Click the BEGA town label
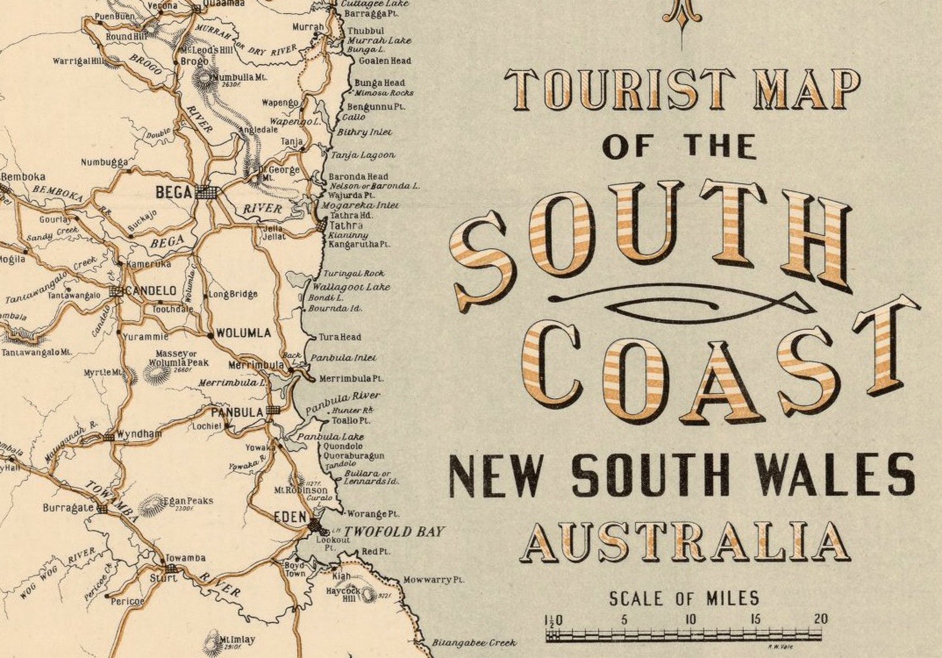point(174,192)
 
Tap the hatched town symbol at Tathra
point(321,225)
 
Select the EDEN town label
point(290,517)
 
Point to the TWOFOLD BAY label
point(394,532)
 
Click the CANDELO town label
point(151,291)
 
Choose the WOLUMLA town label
point(243,333)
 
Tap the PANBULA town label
point(237,412)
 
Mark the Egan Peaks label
point(192,501)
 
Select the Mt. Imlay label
point(237,640)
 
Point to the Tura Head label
point(340,337)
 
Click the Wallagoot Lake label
point(352,287)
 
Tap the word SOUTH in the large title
point(653,237)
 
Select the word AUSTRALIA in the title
point(685,542)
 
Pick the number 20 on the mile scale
point(820,619)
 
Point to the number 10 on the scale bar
point(690,619)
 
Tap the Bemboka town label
point(24,177)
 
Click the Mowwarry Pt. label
point(434,580)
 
